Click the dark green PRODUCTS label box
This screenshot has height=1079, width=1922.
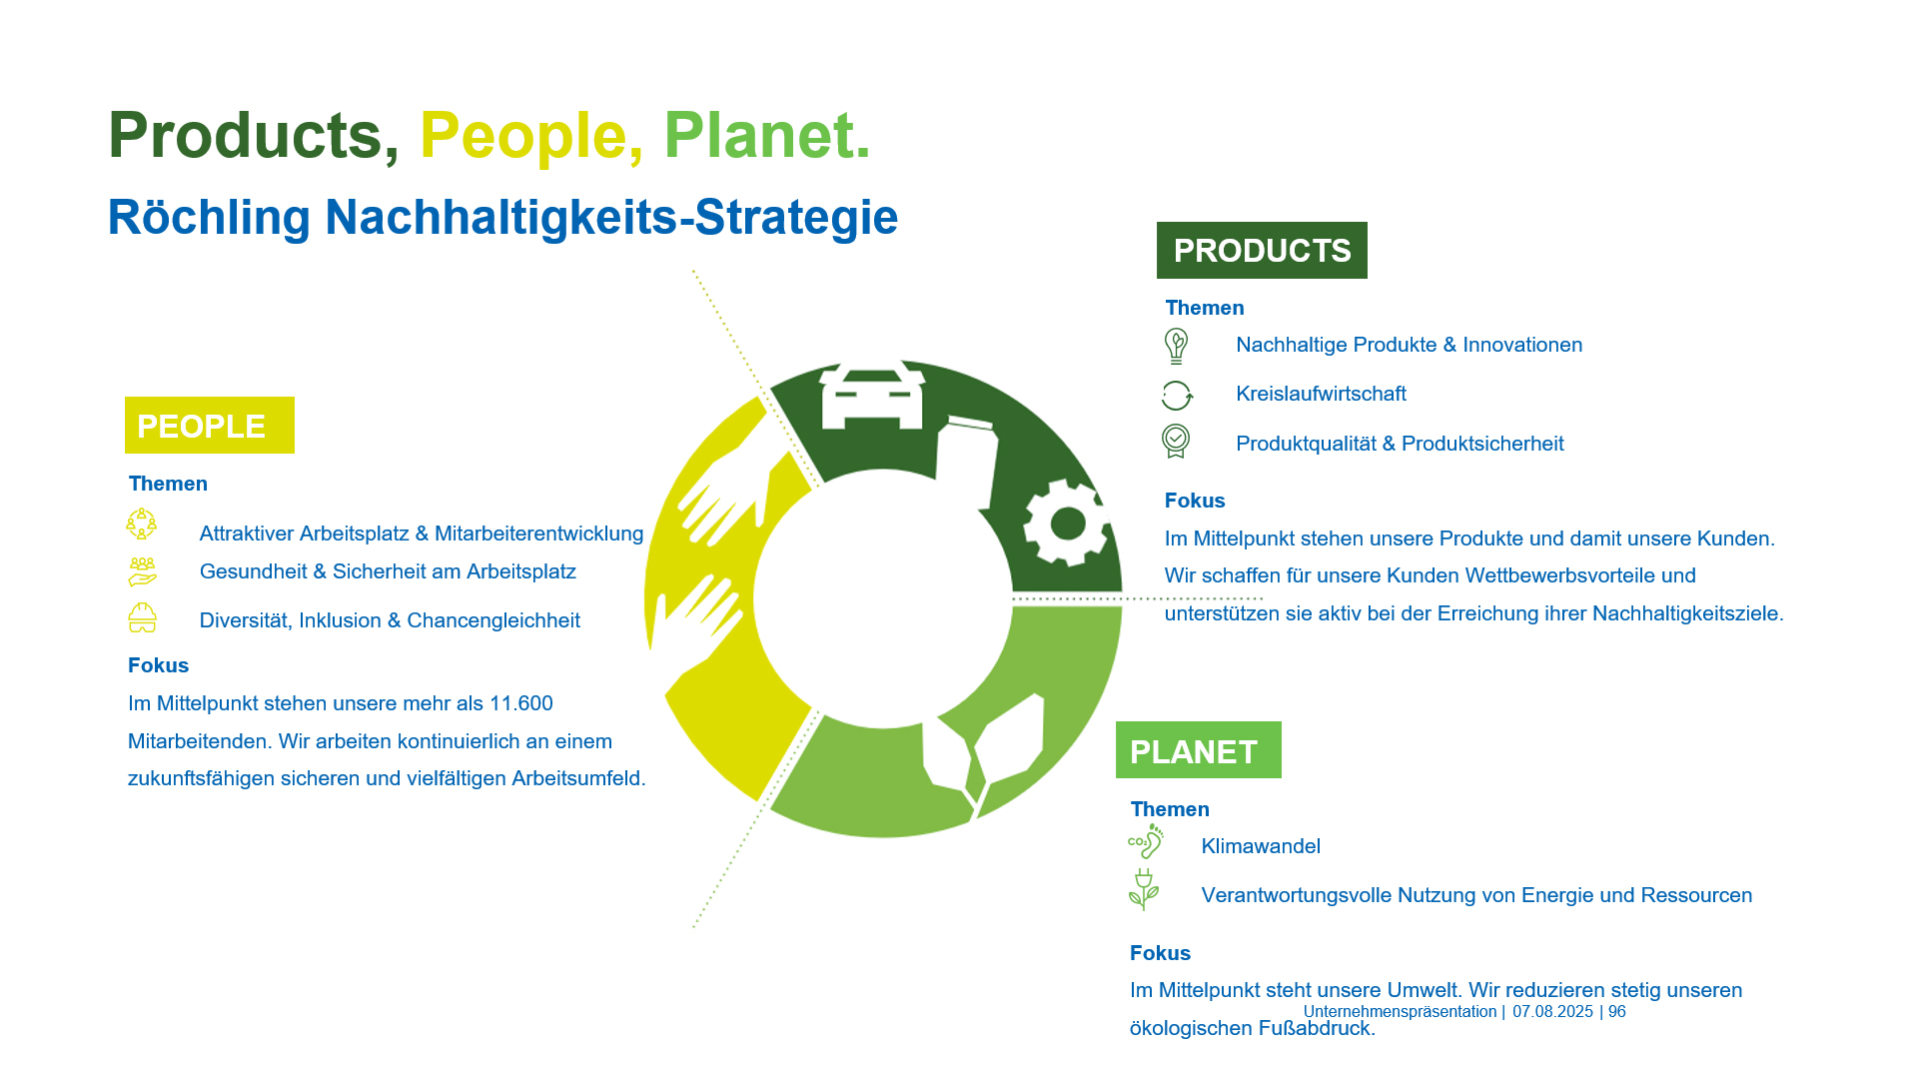point(1261,250)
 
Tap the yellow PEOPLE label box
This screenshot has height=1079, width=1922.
point(209,426)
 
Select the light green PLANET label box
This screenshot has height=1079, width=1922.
point(1197,750)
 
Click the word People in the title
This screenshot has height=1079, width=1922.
point(522,135)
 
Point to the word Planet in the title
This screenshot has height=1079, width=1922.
point(765,135)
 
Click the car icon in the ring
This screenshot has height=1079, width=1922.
point(871,396)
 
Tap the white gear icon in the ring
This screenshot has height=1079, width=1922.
point(1067,522)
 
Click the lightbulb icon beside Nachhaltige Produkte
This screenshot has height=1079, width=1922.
point(1176,346)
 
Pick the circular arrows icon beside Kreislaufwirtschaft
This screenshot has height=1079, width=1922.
point(1176,395)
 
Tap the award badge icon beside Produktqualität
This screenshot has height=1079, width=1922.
point(1176,442)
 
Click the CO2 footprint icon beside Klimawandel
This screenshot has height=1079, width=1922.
point(1145,842)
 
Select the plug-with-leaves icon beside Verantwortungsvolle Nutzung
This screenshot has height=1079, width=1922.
point(1143,889)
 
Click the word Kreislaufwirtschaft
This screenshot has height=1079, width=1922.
point(1320,394)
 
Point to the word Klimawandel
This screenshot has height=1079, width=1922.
point(1260,846)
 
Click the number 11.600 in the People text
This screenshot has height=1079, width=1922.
point(520,703)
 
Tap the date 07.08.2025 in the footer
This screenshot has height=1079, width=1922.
point(1551,1011)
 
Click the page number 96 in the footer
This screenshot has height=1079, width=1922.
point(1616,1011)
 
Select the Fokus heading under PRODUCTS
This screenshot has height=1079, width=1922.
point(1194,501)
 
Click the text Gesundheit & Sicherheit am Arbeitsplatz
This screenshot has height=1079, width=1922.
point(388,571)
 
